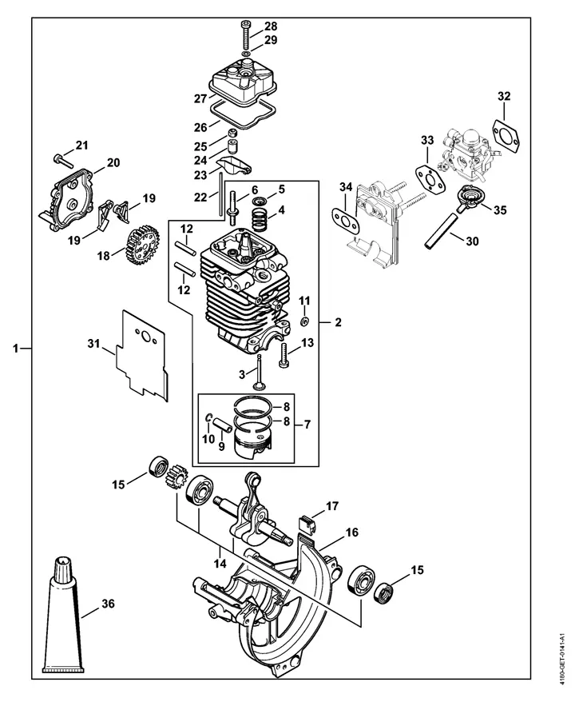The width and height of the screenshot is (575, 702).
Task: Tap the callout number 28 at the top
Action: tap(271, 26)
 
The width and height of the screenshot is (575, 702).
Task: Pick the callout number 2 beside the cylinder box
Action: tap(338, 322)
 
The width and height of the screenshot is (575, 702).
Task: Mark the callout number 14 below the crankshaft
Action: tap(220, 563)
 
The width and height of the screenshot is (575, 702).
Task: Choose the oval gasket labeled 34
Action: tap(346, 220)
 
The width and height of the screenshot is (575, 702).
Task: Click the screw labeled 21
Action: tap(63, 159)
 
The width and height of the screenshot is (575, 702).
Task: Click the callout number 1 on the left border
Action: tap(16, 348)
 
